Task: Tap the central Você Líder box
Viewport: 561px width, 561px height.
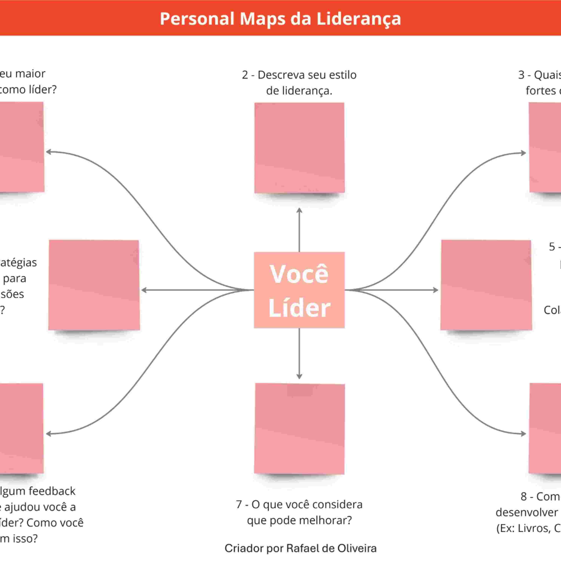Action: pos(299,290)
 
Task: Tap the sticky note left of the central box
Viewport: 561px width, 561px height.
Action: pos(94,285)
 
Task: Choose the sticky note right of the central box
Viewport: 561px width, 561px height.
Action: pos(486,285)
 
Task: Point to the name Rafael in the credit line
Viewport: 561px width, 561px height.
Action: pos(304,548)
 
